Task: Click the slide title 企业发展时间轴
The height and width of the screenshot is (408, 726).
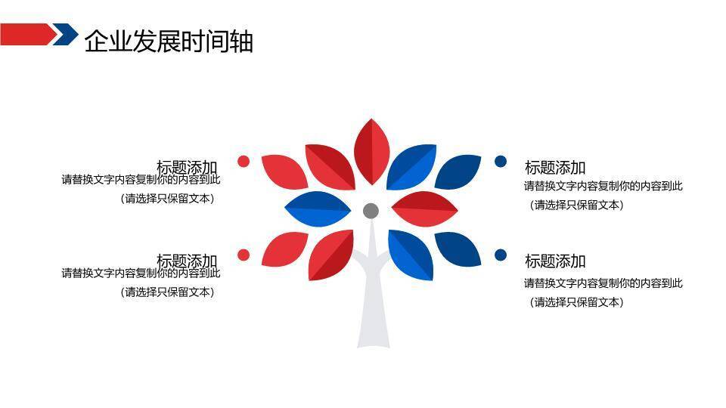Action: click(169, 41)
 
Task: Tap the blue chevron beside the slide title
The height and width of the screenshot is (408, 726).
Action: click(67, 35)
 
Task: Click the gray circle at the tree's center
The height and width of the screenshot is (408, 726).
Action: click(371, 211)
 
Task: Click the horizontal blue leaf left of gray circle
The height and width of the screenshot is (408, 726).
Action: click(318, 209)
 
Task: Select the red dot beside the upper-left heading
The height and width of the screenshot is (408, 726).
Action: click(244, 161)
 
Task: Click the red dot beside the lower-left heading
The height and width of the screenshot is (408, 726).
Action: click(244, 255)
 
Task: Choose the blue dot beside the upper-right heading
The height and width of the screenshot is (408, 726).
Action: click(501, 161)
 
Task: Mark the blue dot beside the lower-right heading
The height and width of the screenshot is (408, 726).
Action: click(501, 255)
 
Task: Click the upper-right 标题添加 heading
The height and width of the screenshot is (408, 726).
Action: click(555, 168)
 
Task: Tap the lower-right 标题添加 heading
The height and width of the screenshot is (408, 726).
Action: click(555, 261)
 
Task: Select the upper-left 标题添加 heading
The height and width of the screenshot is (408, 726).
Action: click(187, 167)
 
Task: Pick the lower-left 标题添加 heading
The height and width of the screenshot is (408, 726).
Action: click(187, 261)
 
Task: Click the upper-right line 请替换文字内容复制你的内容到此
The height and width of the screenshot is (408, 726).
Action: click(603, 186)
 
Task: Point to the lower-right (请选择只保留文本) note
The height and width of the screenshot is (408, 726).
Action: click(576, 302)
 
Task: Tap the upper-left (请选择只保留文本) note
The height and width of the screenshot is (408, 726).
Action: click(167, 199)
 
